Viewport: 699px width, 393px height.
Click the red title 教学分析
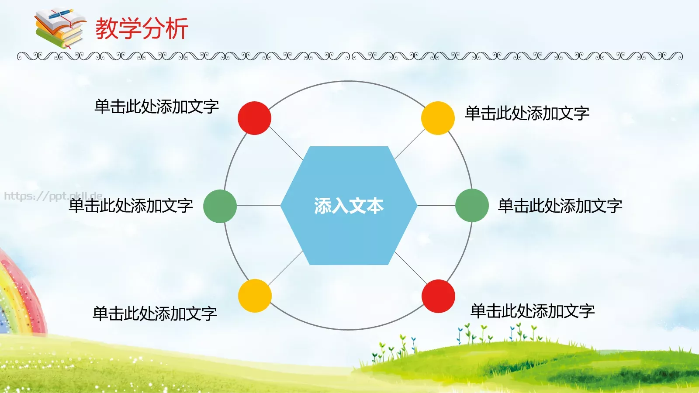pyautogui.click(x=142, y=29)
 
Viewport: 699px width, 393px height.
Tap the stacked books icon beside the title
pyautogui.click(x=60, y=29)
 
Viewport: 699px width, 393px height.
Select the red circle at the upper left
pyautogui.click(x=254, y=118)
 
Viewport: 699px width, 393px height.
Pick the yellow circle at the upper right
pyautogui.click(x=438, y=118)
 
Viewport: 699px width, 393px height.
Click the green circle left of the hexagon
pyautogui.click(x=220, y=206)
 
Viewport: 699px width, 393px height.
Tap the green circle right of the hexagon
pyautogui.click(x=472, y=205)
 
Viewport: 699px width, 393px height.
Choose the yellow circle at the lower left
pyautogui.click(x=255, y=296)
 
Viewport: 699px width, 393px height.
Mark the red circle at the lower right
pyautogui.click(x=438, y=296)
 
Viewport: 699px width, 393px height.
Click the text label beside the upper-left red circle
pyautogui.click(x=156, y=107)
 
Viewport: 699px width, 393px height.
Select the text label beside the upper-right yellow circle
pyautogui.click(x=527, y=114)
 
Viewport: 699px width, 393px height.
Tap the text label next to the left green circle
pyautogui.click(x=131, y=206)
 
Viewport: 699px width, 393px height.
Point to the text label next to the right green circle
pyautogui.click(x=560, y=206)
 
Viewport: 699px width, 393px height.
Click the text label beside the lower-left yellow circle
pyautogui.click(x=155, y=314)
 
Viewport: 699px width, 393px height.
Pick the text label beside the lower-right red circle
pyautogui.click(x=533, y=311)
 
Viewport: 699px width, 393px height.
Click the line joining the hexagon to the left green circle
pyautogui.click(x=259, y=206)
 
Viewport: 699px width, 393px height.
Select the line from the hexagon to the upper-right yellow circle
pyautogui.click(x=410, y=144)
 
